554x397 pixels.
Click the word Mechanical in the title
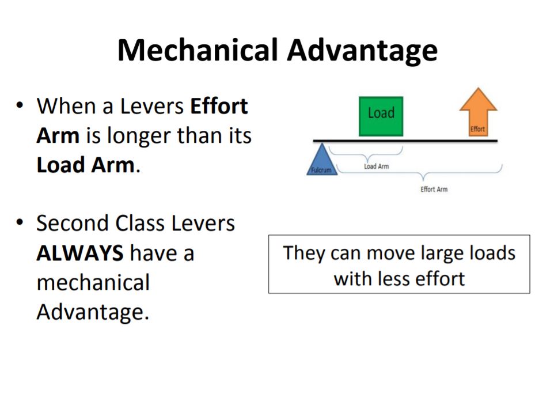click(x=198, y=50)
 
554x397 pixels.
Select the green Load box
click(x=381, y=116)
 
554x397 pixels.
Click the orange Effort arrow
click(x=478, y=111)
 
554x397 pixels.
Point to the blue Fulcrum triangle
click(x=321, y=161)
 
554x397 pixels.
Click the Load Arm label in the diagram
click(x=376, y=166)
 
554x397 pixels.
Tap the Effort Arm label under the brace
click(x=434, y=189)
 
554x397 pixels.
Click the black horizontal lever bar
click(x=405, y=141)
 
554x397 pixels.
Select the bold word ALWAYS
click(x=80, y=253)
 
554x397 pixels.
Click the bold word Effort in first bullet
click(x=219, y=105)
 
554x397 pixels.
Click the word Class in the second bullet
click(x=139, y=224)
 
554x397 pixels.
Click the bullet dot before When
click(x=20, y=105)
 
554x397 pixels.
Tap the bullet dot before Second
click(x=20, y=223)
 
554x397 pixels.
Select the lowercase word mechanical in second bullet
click(x=93, y=282)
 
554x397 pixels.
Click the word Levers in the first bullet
click(x=152, y=106)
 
